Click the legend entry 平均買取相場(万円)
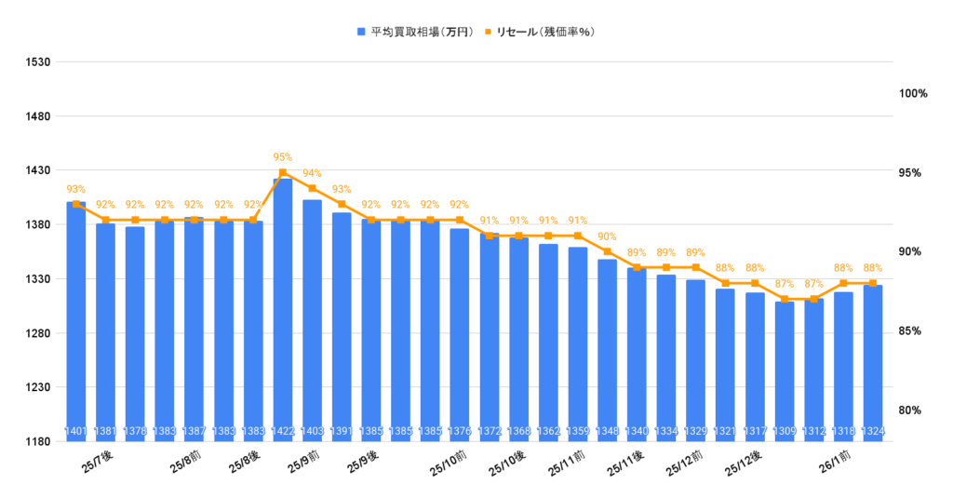(420, 32)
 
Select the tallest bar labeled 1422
(283, 307)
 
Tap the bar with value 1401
(76, 316)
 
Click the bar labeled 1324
(873, 363)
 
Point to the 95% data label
(283, 157)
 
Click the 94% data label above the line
(313, 173)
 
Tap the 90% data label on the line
(608, 236)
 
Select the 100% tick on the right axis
(913, 94)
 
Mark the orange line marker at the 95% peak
(283, 172)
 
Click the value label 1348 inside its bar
(608, 431)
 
